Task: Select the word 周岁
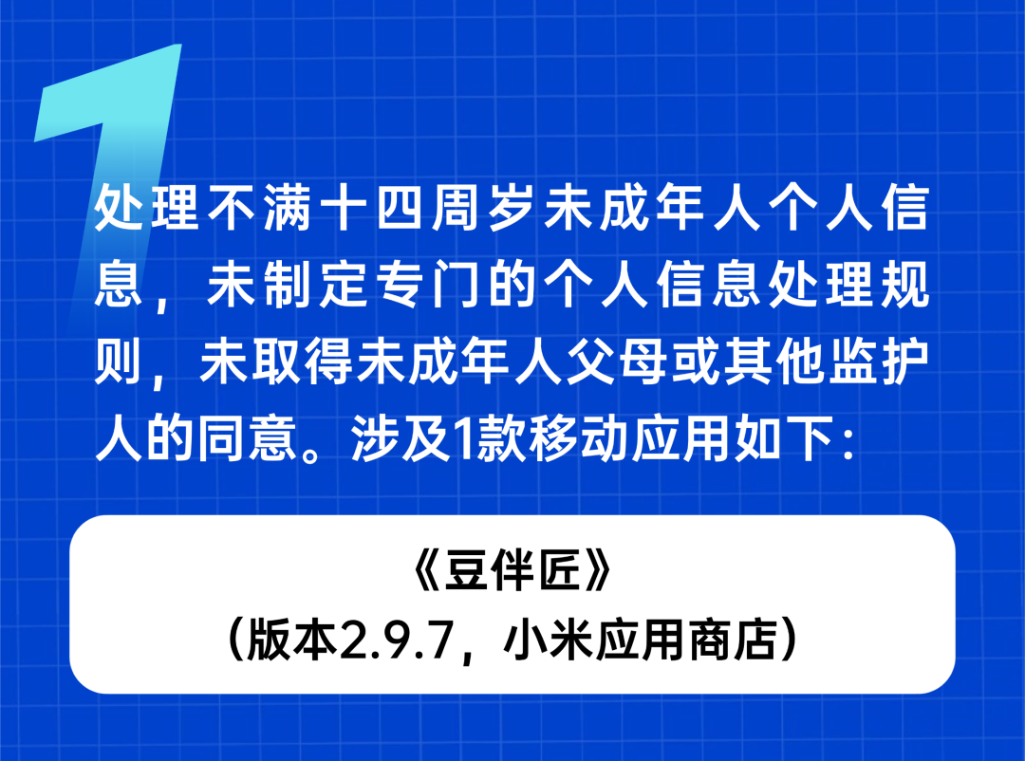[x=486, y=208]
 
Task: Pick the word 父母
[x=618, y=362]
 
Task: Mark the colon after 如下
[x=848, y=443]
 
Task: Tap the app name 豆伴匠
[x=512, y=571]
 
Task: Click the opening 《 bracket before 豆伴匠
[x=427, y=571]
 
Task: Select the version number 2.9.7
[x=397, y=640]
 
